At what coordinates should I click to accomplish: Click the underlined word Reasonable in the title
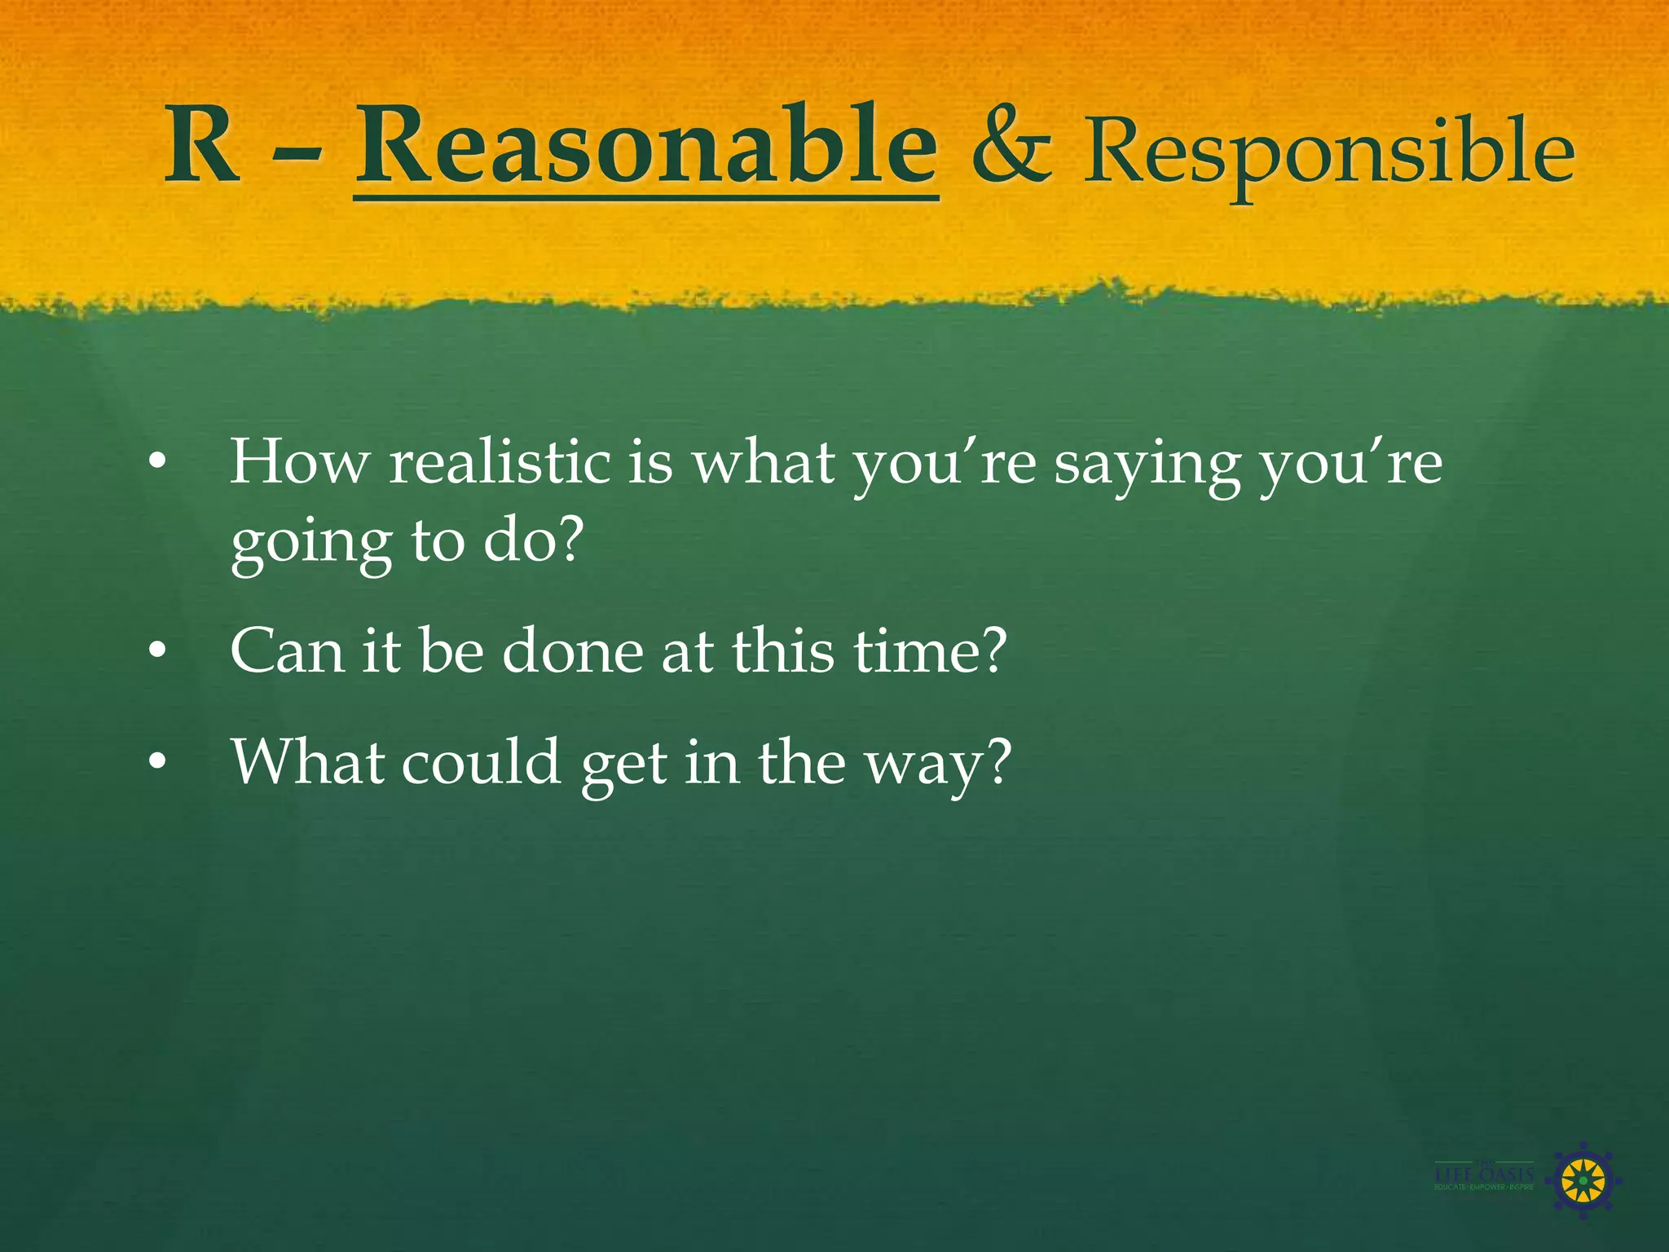point(646,147)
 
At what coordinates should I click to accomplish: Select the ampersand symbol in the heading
point(1011,148)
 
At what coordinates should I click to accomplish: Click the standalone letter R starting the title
point(202,147)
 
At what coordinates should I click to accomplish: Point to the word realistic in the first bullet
point(499,463)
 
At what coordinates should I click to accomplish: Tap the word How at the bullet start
point(299,462)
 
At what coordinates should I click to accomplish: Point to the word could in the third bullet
point(481,761)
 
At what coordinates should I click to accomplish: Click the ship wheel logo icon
point(1582,1180)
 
